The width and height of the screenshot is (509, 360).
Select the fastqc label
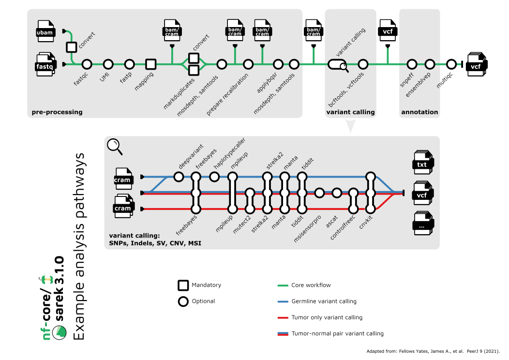pos(80,77)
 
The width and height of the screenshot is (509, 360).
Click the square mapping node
pos(151,64)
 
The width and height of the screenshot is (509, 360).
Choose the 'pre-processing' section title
pos(57,112)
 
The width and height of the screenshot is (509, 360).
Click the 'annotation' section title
pos(419,112)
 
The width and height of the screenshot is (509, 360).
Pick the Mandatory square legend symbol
pos(183,285)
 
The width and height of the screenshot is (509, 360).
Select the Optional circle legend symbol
pos(183,301)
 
